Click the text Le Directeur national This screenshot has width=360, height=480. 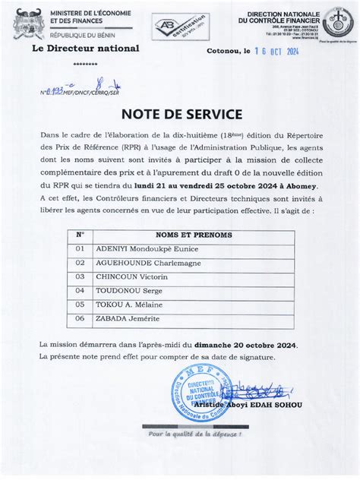[85, 48]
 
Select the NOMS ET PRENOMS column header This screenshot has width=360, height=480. [194, 235]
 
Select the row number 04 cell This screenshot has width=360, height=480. [81, 291]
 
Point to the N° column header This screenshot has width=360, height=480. [81, 235]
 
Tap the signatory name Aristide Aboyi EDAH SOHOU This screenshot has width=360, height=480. [247, 405]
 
